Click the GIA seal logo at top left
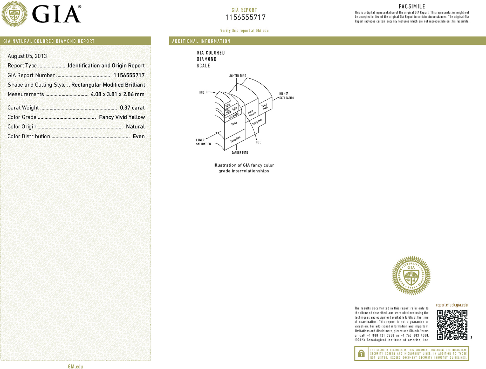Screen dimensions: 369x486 (x=15, y=14)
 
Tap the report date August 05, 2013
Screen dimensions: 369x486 (x=27, y=56)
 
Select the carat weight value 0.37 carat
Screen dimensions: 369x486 (x=132, y=108)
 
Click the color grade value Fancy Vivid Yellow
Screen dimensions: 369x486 (x=122, y=117)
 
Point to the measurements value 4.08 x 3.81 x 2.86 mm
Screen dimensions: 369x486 (x=117, y=94)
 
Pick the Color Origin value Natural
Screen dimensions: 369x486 (x=135, y=127)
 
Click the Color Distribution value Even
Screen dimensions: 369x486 (x=139, y=136)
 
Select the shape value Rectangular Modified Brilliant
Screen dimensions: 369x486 (x=108, y=85)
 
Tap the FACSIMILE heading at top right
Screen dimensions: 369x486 (x=412, y=6)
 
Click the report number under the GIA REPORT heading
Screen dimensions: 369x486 (x=245, y=17)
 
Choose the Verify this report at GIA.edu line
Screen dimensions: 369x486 (x=244, y=31)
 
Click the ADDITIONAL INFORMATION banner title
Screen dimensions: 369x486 (x=201, y=41)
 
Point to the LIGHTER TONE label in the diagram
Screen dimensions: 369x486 (x=237, y=76)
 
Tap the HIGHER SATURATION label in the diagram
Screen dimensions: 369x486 (x=286, y=96)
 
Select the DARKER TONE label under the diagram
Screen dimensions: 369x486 (x=240, y=153)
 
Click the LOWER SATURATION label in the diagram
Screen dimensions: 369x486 (x=203, y=142)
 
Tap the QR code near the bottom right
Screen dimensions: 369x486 (x=452, y=325)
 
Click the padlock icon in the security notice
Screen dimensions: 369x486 (x=361, y=353)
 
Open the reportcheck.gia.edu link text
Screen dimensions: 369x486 (x=452, y=305)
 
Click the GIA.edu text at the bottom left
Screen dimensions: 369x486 (x=75, y=366)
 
